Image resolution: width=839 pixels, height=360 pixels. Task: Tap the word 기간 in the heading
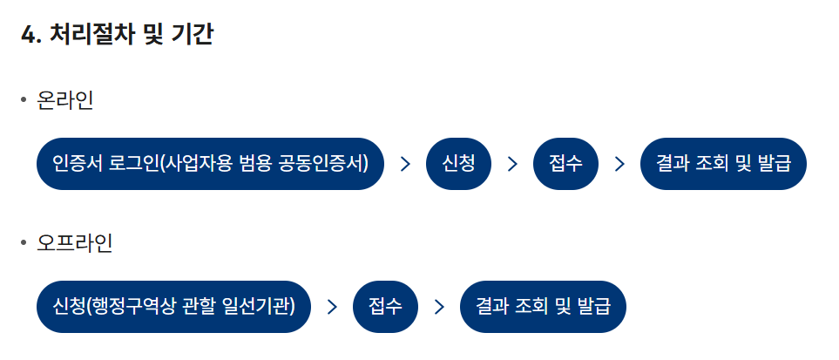coord(196,35)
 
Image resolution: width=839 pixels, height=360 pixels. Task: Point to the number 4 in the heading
coord(26,35)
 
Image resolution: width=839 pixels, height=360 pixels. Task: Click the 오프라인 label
coord(75,243)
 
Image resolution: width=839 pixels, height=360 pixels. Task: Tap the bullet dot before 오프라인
coord(24,243)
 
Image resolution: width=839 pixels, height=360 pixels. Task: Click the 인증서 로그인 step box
coord(210,164)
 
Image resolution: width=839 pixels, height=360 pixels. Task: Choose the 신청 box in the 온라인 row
coord(459,164)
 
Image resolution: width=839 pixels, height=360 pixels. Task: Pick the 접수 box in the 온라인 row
coord(565,164)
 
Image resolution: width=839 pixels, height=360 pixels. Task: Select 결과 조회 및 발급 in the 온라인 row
coord(723,164)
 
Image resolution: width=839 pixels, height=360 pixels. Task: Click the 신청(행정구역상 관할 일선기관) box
coord(173,307)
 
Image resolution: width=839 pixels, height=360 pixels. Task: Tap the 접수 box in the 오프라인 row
coord(385,307)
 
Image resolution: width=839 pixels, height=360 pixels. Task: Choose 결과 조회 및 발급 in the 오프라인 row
coord(543,307)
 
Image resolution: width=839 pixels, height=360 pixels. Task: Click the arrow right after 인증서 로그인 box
coord(405,164)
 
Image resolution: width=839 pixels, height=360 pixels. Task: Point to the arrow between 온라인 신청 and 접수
coord(512,164)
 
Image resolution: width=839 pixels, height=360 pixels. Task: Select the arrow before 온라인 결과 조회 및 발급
coord(619,164)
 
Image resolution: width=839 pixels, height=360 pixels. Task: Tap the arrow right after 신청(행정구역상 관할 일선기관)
coord(332,307)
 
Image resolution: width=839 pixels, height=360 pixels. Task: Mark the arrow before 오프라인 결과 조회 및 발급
coord(439,307)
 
